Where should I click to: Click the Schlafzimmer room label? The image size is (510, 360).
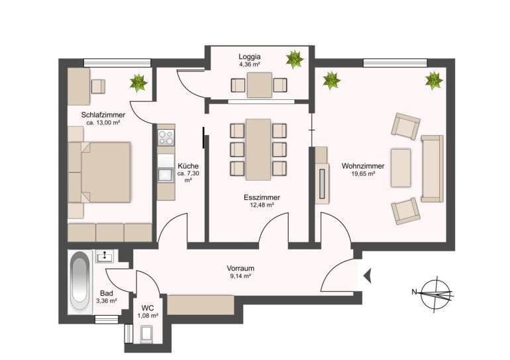point(103,114)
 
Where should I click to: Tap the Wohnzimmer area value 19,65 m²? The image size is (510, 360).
point(363,174)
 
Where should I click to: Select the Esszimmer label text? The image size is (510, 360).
point(262,198)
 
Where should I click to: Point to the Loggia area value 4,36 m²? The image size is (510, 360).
point(250,64)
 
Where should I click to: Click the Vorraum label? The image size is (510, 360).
point(240,269)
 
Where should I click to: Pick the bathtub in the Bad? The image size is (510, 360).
point(79,281)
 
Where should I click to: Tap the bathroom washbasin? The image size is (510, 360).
point(105,256)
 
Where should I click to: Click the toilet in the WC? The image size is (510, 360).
point(146,334)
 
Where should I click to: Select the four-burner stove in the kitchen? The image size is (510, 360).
point(166,138)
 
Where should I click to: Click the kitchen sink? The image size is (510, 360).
point(166,175)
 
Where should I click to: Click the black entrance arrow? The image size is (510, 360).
point(368,276)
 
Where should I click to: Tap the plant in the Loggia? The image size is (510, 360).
point(295,59)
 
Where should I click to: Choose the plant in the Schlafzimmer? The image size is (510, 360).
point(138,83)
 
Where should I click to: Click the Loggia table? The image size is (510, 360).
point(259,85)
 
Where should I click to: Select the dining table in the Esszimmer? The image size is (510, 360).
point(258,150)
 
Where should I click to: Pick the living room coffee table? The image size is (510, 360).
point(401,168)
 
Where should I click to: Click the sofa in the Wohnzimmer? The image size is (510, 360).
point(433,169)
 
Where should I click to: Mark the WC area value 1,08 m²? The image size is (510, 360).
point(148,316)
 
